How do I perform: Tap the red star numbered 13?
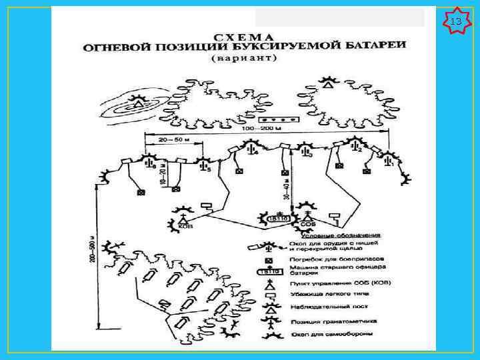click(x=456, y=22)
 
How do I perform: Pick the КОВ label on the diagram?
click(x=185, y=227)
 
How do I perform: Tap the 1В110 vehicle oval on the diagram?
click(x=275, y=218)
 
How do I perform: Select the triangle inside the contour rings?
click(x=138, y=103)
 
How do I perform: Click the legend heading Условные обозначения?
click(x=341, y=235)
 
